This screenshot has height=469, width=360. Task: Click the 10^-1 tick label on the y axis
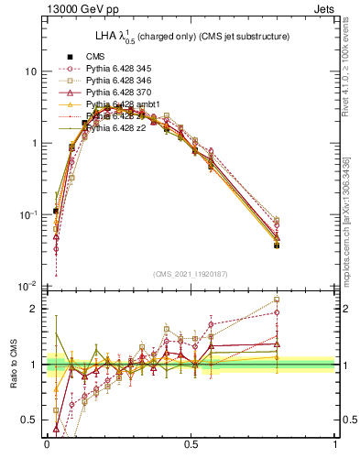coord(27,214)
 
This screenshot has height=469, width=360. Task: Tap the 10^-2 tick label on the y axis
coord(27,286)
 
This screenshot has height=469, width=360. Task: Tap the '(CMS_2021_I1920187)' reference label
coord(191,274)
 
